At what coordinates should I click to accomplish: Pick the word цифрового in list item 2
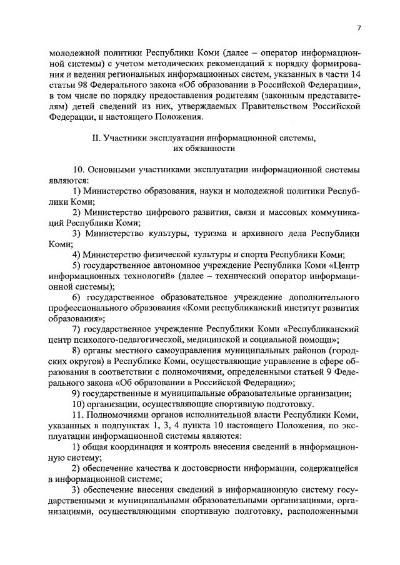[x=159, y=212]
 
